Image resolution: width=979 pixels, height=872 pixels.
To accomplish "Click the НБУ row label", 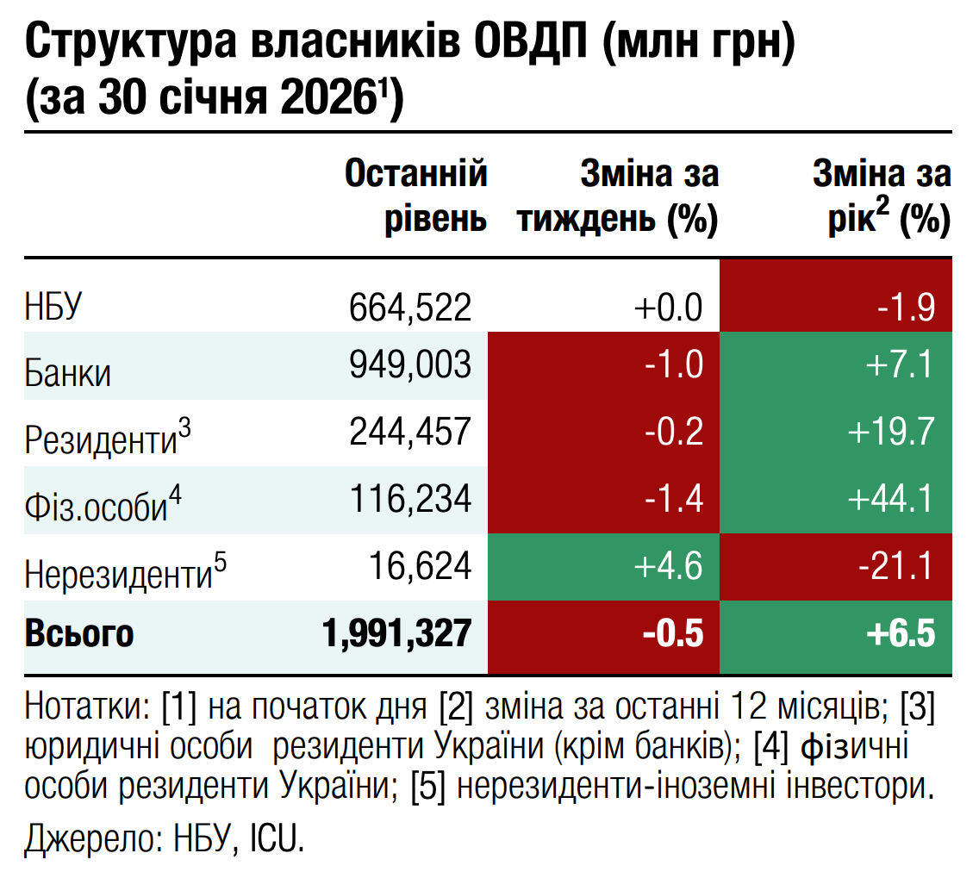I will pyautogui.click(x=54, y=308).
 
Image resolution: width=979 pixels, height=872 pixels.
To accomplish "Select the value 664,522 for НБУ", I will pyautogui.click(x=411, y=308).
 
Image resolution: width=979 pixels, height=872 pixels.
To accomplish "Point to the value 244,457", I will pyautogui.click(x=411, y=432).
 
